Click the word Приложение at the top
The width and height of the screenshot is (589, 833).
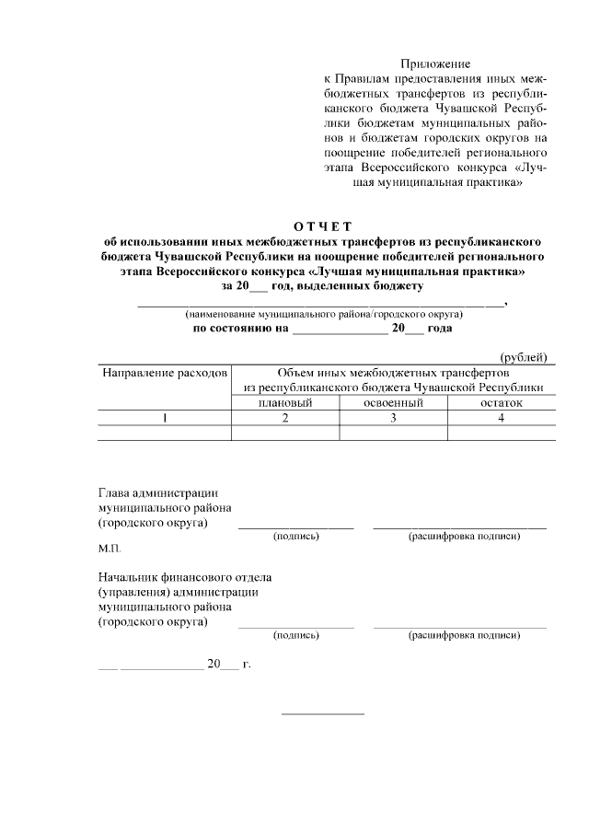tap(435, 64)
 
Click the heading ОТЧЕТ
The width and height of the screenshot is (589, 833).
tap(323, 226)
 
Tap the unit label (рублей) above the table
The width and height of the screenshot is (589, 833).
tap(524, 357)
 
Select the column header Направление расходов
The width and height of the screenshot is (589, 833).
tap(164, 375)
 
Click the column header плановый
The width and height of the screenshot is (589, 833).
tap(285, 403)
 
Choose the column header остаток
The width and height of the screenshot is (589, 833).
tap(502, 403)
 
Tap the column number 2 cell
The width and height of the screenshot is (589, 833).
tap(285, 418)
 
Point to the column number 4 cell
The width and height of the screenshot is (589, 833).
tap(502, 418)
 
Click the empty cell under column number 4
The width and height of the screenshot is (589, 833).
tap(502, 433)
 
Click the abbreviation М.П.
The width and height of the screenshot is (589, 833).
tap(110, 549)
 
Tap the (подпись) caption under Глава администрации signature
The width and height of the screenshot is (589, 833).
tap(296, 537)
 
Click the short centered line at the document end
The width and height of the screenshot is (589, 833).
tap(322, 714)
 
